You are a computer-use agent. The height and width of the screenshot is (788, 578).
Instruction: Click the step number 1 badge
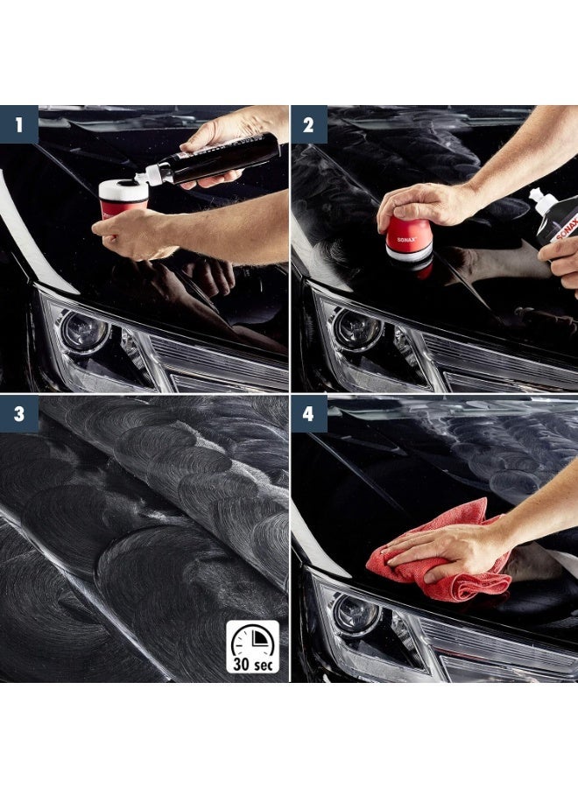(18, 124)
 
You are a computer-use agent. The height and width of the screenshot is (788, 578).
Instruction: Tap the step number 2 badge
(309, 124)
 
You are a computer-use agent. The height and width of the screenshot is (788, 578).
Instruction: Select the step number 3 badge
(18, 414)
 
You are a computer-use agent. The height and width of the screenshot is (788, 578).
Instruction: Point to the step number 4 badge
(309, 414)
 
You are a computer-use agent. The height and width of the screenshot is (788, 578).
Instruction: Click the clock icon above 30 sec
(252, 639)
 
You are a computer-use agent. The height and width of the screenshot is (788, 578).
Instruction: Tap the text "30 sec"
(252, 664)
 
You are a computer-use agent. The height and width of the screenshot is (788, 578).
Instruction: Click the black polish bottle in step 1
(223, 159)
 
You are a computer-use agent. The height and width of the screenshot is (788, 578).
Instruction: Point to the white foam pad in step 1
(123, 188)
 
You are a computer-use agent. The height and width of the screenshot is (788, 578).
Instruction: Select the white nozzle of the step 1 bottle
(151, 176)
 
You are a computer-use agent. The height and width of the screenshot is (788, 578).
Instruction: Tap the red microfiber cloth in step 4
(438, 560)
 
